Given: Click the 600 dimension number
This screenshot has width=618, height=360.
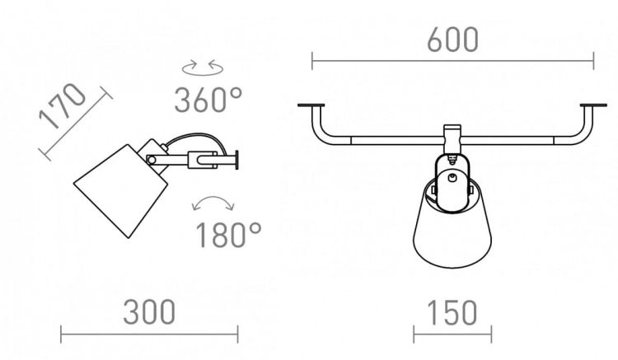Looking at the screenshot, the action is [x=452, y=40].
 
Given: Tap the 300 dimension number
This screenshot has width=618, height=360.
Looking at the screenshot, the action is [x=149, y=312].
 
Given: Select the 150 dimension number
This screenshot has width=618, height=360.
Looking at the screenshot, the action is [x=452, y=313].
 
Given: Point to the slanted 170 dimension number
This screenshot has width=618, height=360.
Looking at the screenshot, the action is [x=62, y=106].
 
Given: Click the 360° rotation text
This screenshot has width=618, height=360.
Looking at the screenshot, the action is [x=208, y=100].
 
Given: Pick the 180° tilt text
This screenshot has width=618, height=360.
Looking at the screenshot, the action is [x=228, y=235].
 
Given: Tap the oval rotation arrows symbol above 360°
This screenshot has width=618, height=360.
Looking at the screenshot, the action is [x=203, y=68].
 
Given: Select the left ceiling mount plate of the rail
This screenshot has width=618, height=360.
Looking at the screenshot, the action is [x=311, y=105].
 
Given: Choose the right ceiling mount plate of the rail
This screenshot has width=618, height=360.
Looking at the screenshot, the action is [x=593, y=105].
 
